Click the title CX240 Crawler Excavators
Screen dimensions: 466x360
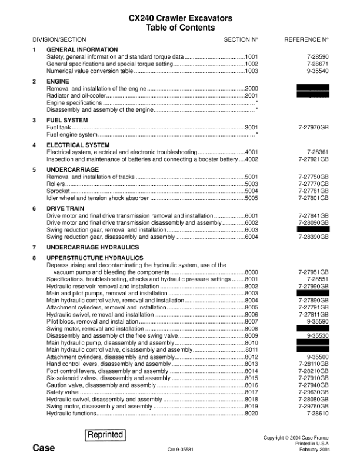tap(180, 18)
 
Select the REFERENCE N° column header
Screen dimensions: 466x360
tap(306, 39)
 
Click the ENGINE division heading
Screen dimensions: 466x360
tap(58, 81)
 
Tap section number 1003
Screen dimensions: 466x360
tap(251, 71)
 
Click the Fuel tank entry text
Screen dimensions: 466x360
tap(58, 127)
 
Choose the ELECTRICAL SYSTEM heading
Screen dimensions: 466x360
tap(78, 145)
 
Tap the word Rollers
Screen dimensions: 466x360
tap(56, 184)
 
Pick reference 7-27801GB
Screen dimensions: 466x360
tap(314, 198)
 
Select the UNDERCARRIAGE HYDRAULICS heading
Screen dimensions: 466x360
tap(93, 247)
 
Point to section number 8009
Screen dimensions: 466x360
tap(251, 335)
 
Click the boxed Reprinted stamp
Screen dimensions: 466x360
tap(105, 435)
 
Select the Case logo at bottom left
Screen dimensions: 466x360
tap(44, 448)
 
